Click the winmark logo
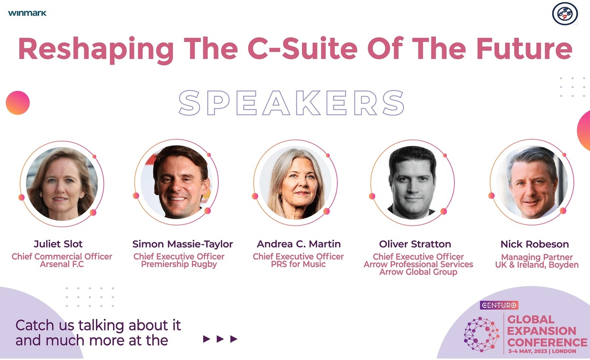click(27, 13)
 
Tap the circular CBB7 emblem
click(565, 14)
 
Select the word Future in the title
click(525, 48)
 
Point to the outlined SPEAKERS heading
click(292, 103)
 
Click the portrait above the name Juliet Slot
click(62, 183)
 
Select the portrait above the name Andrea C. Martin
click(295, 183)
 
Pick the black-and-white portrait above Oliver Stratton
click(413, 183)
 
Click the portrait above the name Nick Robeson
click(532, 183)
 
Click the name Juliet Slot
click(58, 244)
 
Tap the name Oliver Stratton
click(415, 244)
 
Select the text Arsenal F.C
click(62, 264)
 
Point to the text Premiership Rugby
click(179, 265)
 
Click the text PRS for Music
click(298, 264)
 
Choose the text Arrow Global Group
click(418, 272)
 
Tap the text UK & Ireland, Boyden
click(537, 265)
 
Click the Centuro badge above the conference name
click(499, 305)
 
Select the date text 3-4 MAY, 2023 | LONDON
click(542, 351)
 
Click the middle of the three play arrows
click(220, 339)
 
